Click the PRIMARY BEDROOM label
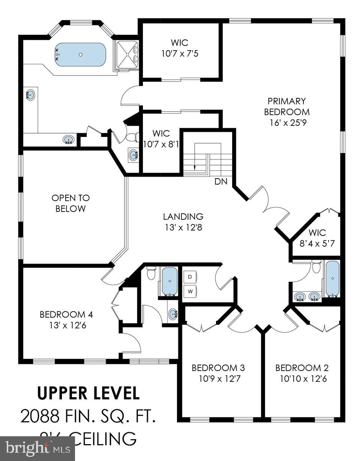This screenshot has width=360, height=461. point(287,107)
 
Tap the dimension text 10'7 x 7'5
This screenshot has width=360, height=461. point(180,54)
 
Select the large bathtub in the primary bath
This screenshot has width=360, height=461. point(80,55)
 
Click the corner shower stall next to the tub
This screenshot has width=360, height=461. point(127,55)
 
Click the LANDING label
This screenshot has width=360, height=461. point(183,216)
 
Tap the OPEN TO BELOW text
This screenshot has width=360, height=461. point(70,203)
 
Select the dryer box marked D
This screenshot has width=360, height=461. point(190,277)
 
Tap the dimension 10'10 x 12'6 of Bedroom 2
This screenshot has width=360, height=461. point(303,379)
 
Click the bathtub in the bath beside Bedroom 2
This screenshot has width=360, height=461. point(332,279)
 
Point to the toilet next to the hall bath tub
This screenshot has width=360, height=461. point(151,273)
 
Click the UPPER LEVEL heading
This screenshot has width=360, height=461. point(88,393)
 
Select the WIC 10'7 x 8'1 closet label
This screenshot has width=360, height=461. point(160,138)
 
